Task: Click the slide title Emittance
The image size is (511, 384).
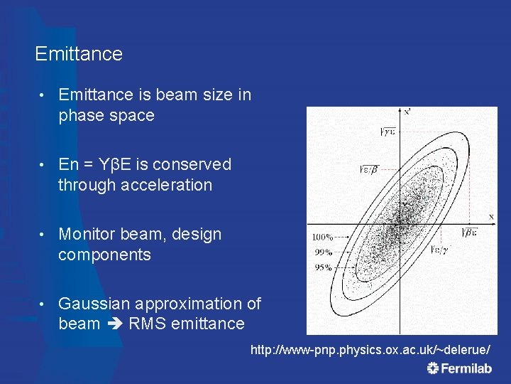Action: tap(78, 54)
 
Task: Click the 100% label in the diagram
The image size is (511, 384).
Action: tap(323, 237)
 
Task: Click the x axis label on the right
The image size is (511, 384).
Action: tap(490, 215)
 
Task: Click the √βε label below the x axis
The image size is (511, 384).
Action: tap(470, 232)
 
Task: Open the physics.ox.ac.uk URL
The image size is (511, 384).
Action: tap(370, 351)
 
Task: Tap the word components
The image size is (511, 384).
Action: tap(104, 255)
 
